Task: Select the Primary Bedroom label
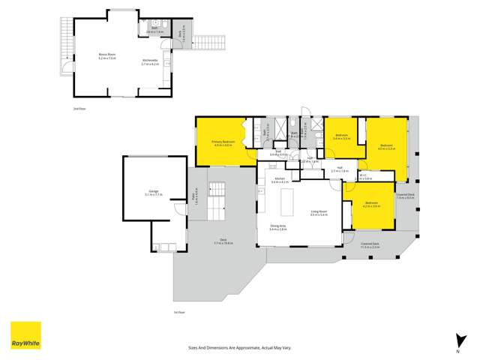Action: (x=223, y=143)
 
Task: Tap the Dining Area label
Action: (x=278, y=228)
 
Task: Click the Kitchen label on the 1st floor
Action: (x=279, y=181)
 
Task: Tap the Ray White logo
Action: (x=25, y=335)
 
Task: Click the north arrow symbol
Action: (x=456, y=341)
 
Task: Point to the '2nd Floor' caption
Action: (x=77, y=109)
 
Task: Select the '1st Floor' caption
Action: (x=178, y=312)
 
